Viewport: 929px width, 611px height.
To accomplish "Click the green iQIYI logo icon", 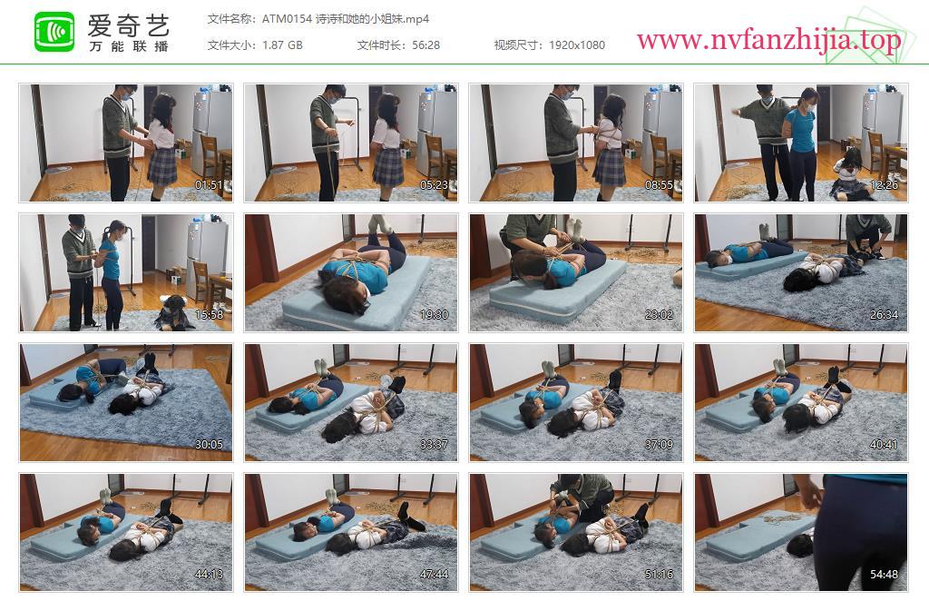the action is point(54,32).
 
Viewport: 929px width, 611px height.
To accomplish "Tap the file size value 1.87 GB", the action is point(283,45).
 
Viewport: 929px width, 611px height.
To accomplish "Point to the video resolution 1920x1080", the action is point(577,45).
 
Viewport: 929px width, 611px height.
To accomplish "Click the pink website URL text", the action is point(768,40).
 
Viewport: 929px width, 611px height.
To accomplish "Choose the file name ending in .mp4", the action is point(346,19).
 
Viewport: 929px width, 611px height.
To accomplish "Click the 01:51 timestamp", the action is point(209,185).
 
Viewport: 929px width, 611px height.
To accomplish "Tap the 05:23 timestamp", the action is point(434,185).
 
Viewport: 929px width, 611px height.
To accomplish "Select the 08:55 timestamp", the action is point(659,185).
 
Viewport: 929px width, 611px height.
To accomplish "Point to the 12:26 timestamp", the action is point(884,185).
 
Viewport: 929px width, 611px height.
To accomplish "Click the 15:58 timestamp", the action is point(209,315).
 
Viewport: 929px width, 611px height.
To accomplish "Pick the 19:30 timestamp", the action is point(434,315).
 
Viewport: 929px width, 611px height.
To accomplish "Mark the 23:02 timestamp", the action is point(659,315).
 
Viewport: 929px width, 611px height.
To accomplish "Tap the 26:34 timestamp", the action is point(884,315).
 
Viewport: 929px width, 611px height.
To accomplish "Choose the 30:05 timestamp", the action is point(209,445).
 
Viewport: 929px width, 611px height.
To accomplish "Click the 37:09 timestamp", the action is point(659,445).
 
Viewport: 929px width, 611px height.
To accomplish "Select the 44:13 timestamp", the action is point(209,575).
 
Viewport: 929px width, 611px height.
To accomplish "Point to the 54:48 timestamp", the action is point(884,575).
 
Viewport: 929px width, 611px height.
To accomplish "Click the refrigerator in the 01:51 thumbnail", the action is point(210,133).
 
